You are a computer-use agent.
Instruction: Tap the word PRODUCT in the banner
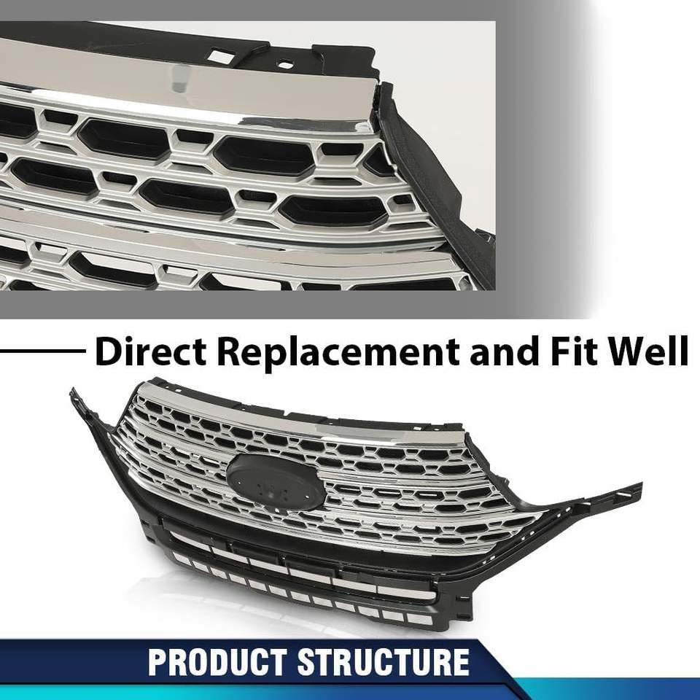coord(218,662)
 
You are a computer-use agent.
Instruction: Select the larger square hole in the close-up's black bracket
coord(218,54)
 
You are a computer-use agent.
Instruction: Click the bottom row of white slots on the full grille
coord(306,598)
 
